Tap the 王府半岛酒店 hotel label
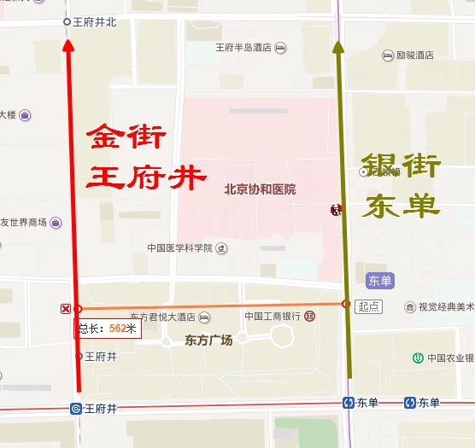243,48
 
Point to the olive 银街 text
402,165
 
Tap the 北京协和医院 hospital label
260,189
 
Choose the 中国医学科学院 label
179,248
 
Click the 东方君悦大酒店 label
163,317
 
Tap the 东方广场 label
208,340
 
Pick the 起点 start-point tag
368,306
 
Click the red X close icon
65,308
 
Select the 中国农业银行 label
451,358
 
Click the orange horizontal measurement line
214,305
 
